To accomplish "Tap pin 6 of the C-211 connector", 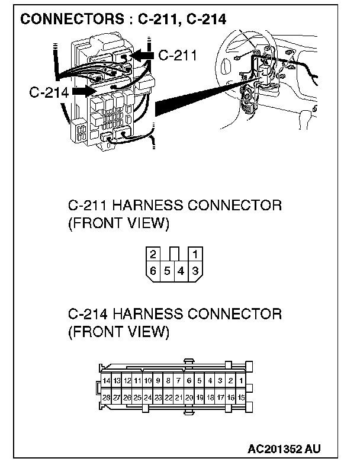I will click(x=153, y=271).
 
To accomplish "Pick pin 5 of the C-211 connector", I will click(x=168, y=271).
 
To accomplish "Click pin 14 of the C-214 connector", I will click(x=107, y=380).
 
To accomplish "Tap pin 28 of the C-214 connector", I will click(x=107, y=398).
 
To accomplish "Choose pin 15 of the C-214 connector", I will click(x=241, y=398).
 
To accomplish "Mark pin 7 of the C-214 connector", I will click(x=179, y=380).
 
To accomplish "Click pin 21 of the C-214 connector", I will click(x=179, y=398).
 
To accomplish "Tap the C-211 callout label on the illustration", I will click(x=178, y=55).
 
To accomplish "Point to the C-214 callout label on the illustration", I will click(x=49, y=92).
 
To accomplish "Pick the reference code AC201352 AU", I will click(x=286, y=447).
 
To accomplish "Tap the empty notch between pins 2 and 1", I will click(x=174, y=254).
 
